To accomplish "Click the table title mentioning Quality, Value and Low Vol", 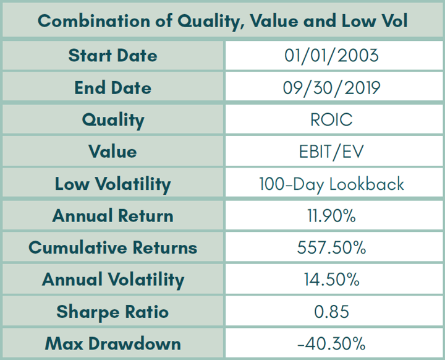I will pyautogui.click(x=222, y=20).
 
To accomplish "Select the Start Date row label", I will pyautogui.click(x=112, y=56).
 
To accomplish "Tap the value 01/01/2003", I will pyautogui.click(x=331, y=56).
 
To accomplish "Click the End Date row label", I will pyautogui.click(x=112, y=88).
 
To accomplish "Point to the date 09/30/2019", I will pyautogui.click(x=331, y=88).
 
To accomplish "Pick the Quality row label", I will pyautogui.click(x=112, y=119).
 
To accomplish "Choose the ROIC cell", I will pyautogui.click(x=331, y=119).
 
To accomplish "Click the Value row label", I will pyautogui.click(x=112, y=152).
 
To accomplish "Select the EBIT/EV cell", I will pyautogui.click(x=331, y=152).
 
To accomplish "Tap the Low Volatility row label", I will pyautogui.click(x=112, y=184).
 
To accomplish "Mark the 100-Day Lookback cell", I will pyautogui.click(x=331, y=184).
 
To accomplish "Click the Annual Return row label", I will pyautogui.click(x=112, y=216).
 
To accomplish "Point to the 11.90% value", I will pyautogui.click(x=331, y=216).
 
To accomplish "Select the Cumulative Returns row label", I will pyautogui.click(x=112, y=248).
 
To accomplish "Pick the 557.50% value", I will pyautogui.click(x=331, y=248).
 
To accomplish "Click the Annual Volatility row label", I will pyautogui.click(x=112, y=280).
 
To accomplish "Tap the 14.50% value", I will pyautogui.click(x=331, y=280).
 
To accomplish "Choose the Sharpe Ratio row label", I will pyautogui.click(x=112, y=312).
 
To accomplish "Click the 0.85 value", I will pyautogui.click(x=331, y=312).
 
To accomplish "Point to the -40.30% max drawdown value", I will pyautogui.click(x=331, y=343).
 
